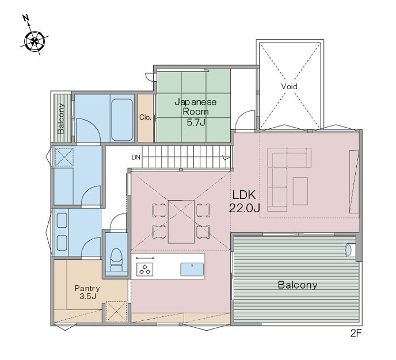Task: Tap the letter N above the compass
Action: pyautogui.click(x=25, y=18)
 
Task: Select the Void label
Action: pyautogui.click(x=289, y=86)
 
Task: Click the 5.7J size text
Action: pyautogui.click(x=196, y=122)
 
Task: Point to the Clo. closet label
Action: pyautogui.click(x=145, y=117)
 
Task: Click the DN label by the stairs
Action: pyautogui.click(x=136, y=158)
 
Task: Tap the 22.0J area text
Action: pyautogui.click(x=244, y=208)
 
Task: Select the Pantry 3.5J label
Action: pyautogui.click(x=87, y=292)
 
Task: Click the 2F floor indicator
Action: pyautogui.click(x=356, y=334)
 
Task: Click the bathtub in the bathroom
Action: pyautogui.click(x=122, y=120)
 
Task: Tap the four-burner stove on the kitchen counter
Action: pyautogui.click(x=144, y=269)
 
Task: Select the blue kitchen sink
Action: pyautogui.click(x=192, y=270)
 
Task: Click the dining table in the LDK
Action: pyautogui.click(x=181, y=222)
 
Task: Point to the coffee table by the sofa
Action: pyautogui.click(x=300, y=191)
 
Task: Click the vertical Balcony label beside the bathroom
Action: pyautogui.click(x=61, y=118)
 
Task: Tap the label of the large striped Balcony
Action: pyautogui.click(x=298, y=285)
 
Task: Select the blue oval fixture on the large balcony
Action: pyautogui.click(x=348, y=250)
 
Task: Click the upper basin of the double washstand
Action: pyautogui.click(x=62, y=220)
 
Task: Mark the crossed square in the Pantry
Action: pyautogui.click(x=116, y=312)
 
